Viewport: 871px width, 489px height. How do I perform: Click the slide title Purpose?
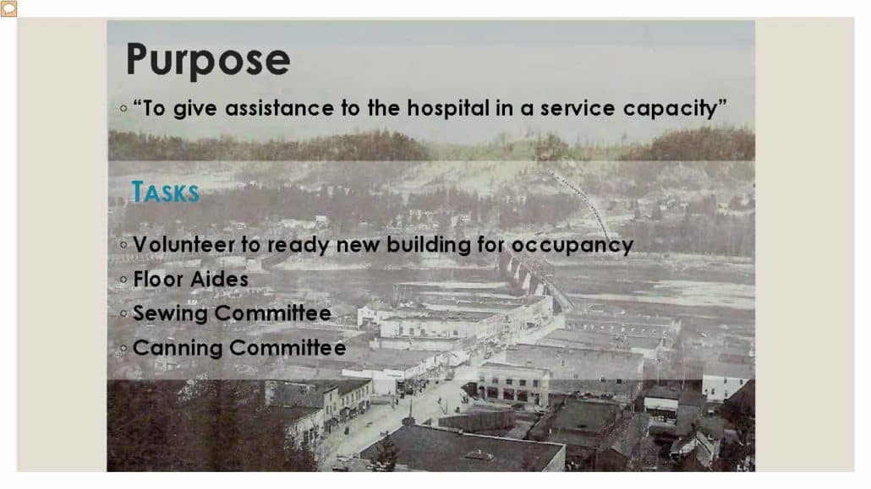click(208, 60)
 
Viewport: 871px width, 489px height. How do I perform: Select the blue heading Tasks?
click(165, 192)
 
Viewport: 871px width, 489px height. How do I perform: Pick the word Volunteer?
click(184, 245)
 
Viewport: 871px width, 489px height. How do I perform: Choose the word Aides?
click(221, 280)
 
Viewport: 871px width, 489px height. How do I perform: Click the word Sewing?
click(171, 314)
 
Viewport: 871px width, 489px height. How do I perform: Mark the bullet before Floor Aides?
click(123, 280)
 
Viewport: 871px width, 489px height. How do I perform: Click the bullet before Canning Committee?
click(123, 349)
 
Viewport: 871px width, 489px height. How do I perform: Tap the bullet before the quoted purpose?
click(123, 108)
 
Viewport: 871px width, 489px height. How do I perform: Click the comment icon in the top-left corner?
click(9, 8)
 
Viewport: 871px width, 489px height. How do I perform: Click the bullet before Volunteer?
click(123, 245)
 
